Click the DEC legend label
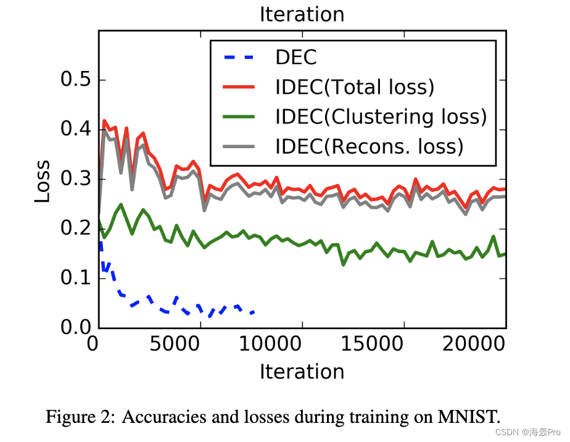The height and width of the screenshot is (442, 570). [x=295, y=57]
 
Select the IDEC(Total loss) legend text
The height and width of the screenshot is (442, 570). [x=355, y=87]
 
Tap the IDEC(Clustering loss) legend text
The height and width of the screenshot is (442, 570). [x=381, y=117]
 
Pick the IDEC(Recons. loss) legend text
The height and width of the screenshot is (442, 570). [x=369, y=146]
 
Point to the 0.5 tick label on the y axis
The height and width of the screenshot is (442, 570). [x=75, y=80]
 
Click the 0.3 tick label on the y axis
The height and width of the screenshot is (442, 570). [x=75, y=180]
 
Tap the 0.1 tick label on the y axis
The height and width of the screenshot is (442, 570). [x=75, y=278]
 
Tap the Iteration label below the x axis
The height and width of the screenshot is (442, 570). [x=302, y=372]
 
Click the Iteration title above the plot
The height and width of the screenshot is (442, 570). [x=302, y=14]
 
